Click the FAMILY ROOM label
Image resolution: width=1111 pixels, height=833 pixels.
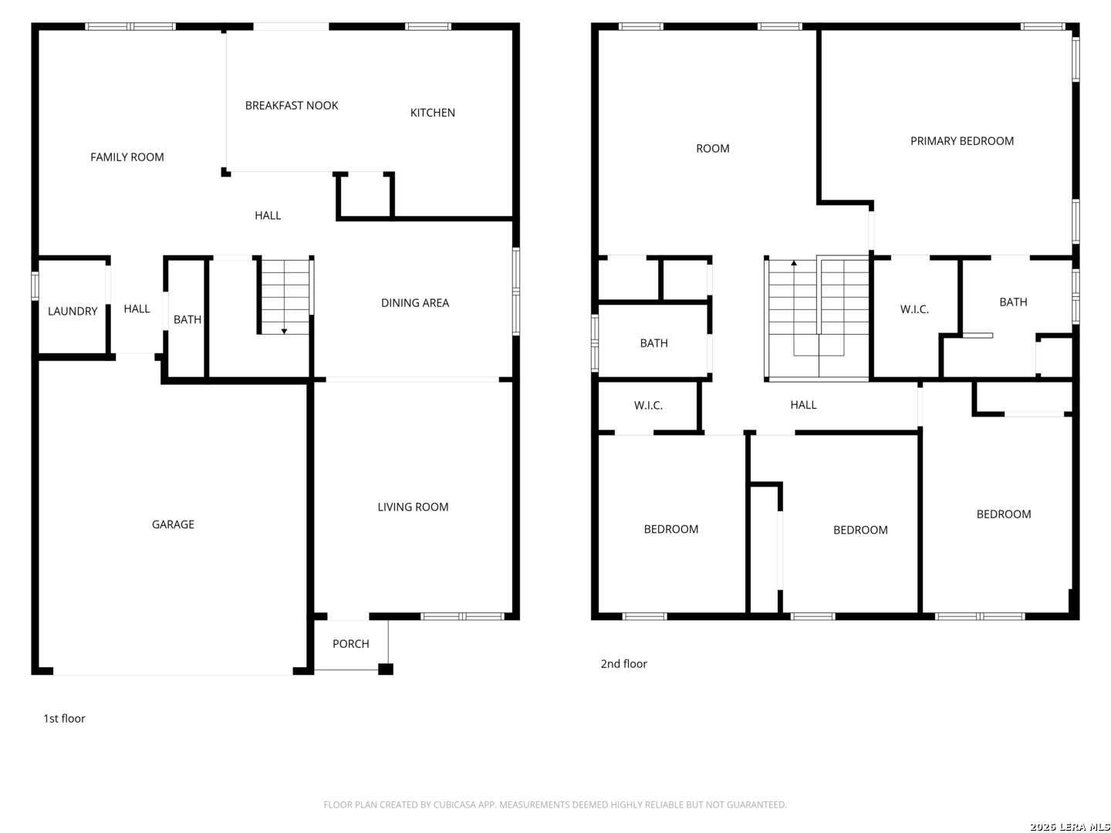(127, 157)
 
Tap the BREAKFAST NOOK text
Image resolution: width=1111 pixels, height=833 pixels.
(292, 106)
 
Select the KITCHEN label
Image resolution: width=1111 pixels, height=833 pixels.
(432, 113)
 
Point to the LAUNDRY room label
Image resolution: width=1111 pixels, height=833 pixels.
(73, 311)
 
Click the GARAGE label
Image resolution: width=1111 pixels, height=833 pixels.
(173, 524)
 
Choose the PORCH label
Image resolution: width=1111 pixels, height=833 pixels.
(351, 644)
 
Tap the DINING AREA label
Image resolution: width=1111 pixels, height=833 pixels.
(415, 303)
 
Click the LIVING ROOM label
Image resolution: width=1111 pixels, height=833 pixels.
(413, 508)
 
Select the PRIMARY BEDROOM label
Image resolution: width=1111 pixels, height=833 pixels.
(961, 141)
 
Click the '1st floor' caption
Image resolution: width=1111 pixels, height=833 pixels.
(64, 719)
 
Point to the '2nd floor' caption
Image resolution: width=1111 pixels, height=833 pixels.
(623, 664)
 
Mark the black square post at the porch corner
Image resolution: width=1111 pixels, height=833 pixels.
(386, 669)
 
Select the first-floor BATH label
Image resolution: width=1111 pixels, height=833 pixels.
(187, 319)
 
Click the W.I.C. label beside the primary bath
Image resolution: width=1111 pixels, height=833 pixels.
(914, 309)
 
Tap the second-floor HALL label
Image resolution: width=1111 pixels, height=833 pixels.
(803, 405)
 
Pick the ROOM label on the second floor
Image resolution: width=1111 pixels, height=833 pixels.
(713, 149)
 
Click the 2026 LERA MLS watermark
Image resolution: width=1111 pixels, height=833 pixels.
(1069, 826)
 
